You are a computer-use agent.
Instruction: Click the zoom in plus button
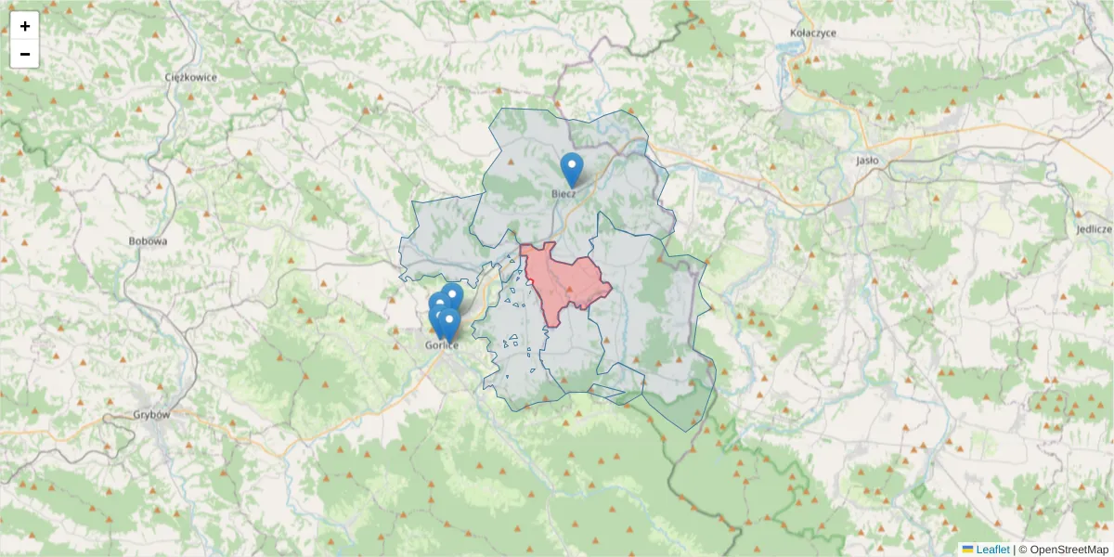[x=25, y=26]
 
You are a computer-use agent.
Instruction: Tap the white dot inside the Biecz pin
[x=572, y=165]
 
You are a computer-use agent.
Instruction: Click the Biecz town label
[x=563, y=193]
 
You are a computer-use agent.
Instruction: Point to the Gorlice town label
[x=442, y=345]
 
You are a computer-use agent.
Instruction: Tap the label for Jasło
[x=867, y=160]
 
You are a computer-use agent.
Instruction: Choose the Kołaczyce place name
[x=812, y=32]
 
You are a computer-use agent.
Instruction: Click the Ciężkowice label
[x=190, y=77]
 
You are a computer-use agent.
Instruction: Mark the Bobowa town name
[x=148, y=241]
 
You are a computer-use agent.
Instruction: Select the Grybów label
[x=151, y=415]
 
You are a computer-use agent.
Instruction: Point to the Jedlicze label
[x=1094, y=228]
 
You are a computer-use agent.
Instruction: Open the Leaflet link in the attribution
[x=992, y=550]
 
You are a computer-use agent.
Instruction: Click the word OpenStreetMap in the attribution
[x=1069, y=550]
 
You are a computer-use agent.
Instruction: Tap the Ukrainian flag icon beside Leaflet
[x=967, y=550]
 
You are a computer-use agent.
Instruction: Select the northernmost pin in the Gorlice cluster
[x=452, y=295]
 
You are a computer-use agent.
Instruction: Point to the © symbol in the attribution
[x=1023, y=550]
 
